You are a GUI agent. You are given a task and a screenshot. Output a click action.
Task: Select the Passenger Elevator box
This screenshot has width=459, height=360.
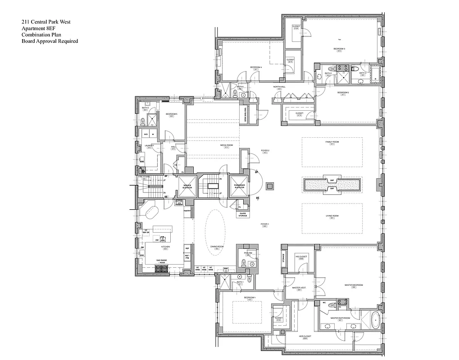238,185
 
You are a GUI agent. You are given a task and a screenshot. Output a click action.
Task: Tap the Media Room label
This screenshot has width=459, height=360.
226,146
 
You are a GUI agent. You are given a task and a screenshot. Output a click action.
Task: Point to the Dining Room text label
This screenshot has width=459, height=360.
217,247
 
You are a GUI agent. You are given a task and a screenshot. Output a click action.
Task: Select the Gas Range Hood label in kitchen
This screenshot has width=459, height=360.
161,261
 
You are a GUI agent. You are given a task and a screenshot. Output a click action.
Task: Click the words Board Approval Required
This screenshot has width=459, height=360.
50,41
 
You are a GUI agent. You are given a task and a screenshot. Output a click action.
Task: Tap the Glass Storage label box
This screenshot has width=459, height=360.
243,215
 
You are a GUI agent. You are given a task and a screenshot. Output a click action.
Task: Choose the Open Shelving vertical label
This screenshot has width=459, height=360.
245,114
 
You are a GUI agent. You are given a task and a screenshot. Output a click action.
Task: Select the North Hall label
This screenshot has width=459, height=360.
279,87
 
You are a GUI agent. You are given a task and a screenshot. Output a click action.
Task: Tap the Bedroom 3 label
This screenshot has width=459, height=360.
339,49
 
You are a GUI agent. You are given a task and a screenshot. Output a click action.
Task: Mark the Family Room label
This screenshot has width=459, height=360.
332,143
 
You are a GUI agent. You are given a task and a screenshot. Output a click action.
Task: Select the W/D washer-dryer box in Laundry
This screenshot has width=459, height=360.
146,134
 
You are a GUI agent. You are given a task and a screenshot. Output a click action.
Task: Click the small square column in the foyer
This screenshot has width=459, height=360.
270,185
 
